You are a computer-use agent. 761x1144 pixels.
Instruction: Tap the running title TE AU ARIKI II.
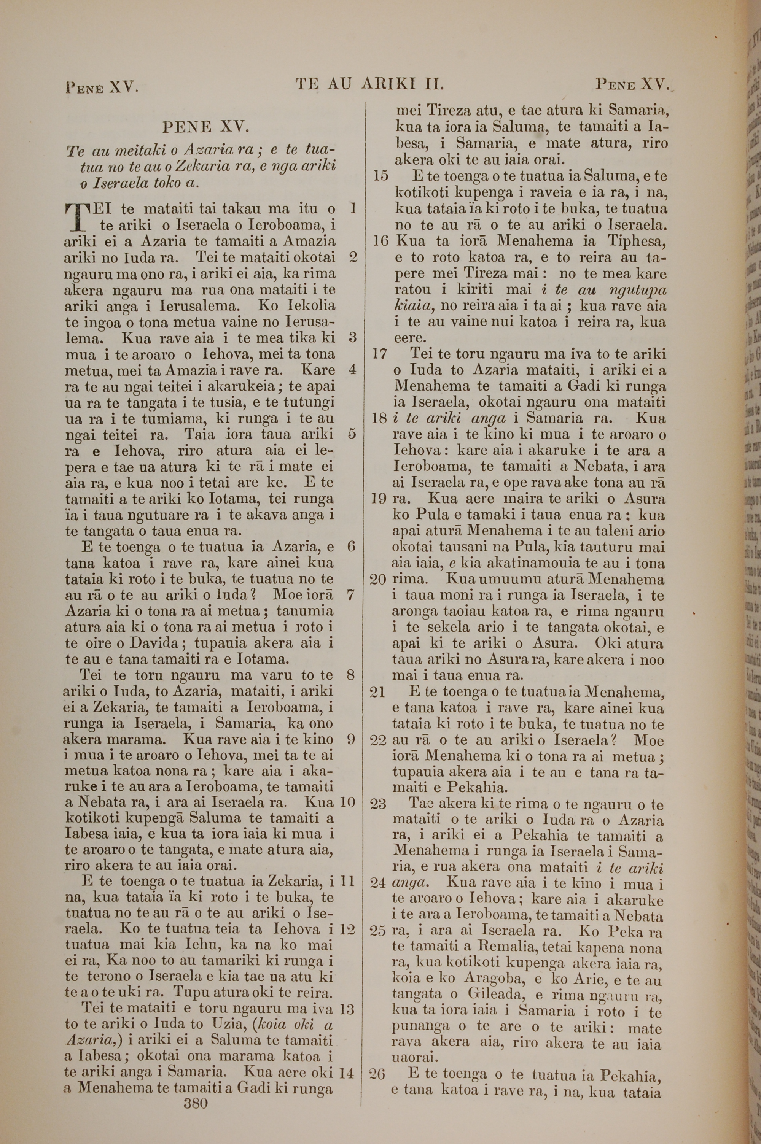pos(370,85)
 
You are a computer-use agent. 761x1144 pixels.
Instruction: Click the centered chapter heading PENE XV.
pos(206,127)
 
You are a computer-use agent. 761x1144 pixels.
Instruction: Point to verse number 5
pos(352,434)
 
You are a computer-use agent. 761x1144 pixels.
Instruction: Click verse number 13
pos(347,996)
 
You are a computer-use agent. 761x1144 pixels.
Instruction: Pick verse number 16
pos(380,241)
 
